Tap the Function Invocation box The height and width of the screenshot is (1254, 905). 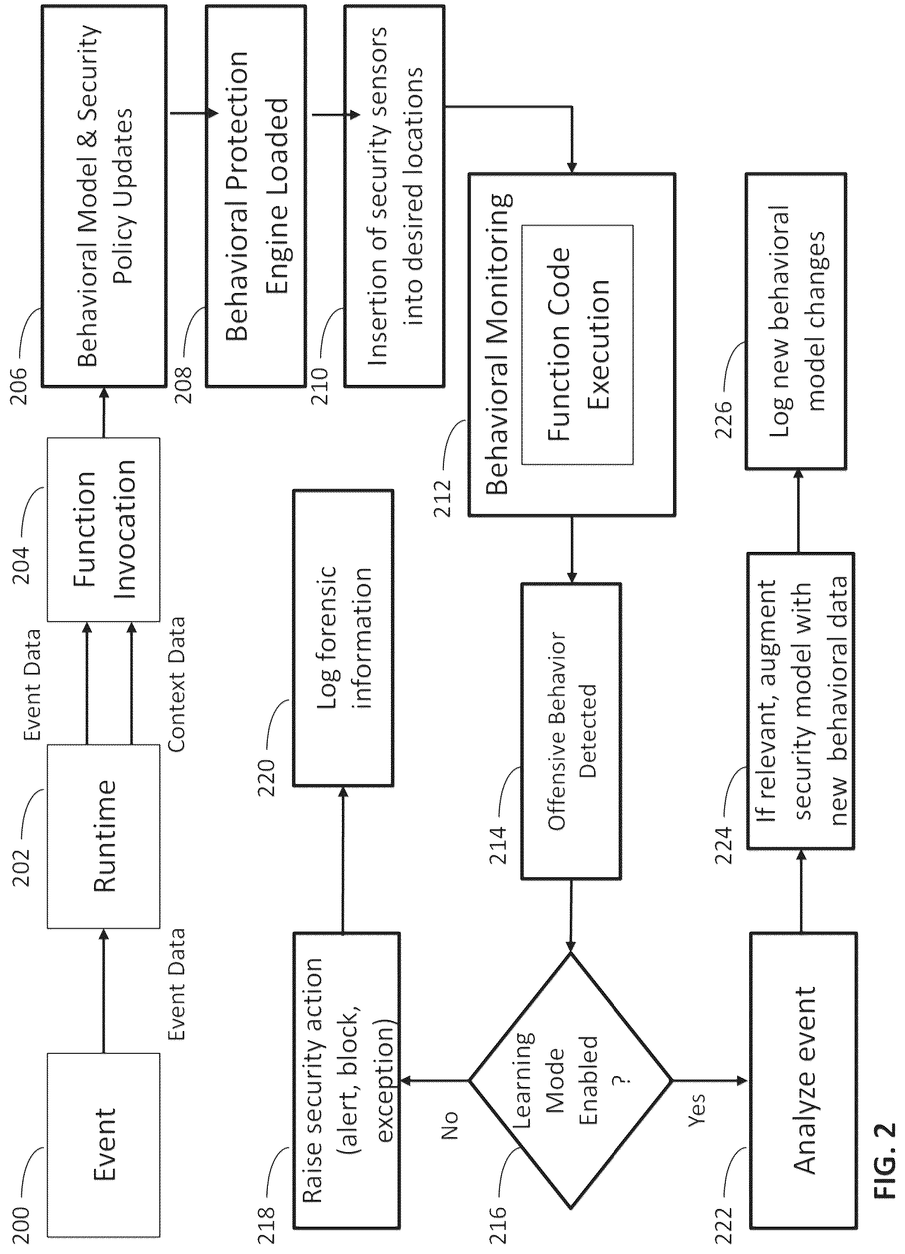pos(103,529)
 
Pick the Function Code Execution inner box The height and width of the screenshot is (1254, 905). pos(578,344)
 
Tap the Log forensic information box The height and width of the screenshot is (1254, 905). pos(343,637)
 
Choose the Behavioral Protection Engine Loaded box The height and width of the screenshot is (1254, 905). pos(256,196)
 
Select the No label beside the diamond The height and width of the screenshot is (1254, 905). pos(450,1125)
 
